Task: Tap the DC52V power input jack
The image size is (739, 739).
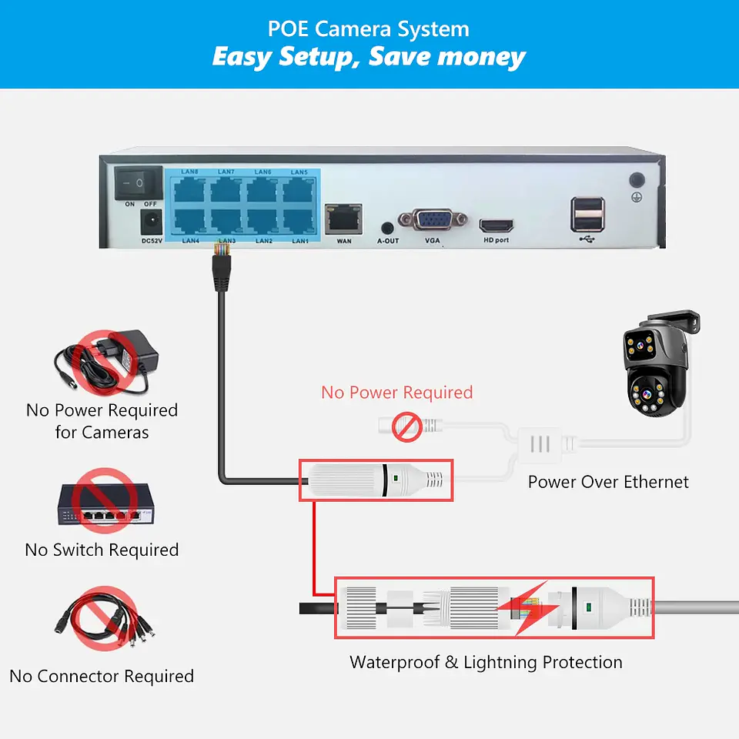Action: tap(151, 223)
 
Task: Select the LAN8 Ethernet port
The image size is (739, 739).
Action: tap(189, 189)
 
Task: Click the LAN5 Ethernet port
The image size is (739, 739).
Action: tap(299, 189)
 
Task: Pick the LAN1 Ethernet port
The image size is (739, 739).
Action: tap(299, 222)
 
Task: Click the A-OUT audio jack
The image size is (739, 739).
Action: tap(388, 228)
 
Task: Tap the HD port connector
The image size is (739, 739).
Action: tap(497, 226)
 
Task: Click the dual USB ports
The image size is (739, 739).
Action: tap(587, 214)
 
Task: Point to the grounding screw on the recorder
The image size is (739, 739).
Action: tap(637, 181)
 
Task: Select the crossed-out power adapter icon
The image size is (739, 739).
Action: tap(104, 359)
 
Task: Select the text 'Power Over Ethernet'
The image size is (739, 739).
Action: tap(608, 483)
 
